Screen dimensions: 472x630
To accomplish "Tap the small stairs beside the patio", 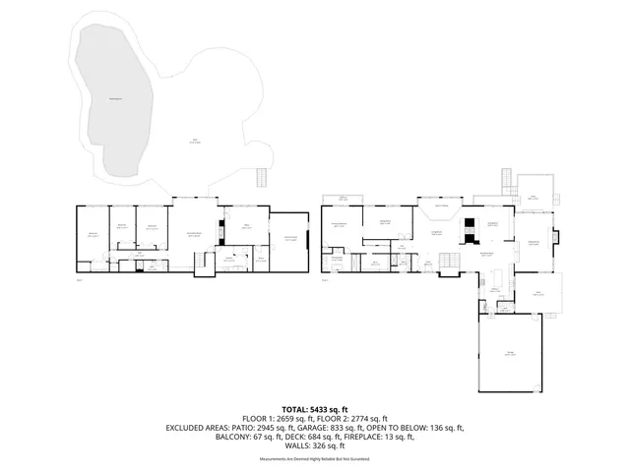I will (x=262, y=178).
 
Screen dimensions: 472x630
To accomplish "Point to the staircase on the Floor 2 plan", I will (x=448, y=261).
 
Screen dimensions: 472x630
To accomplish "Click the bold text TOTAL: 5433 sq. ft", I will (x=315, y=408).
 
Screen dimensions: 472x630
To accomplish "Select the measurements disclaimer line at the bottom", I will (x=315, y=458).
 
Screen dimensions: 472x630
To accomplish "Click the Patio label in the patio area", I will (x=195, y=141).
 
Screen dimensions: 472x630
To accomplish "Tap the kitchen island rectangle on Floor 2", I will (x=498, y=278).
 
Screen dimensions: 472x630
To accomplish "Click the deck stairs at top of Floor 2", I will (x=506, y=183).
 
